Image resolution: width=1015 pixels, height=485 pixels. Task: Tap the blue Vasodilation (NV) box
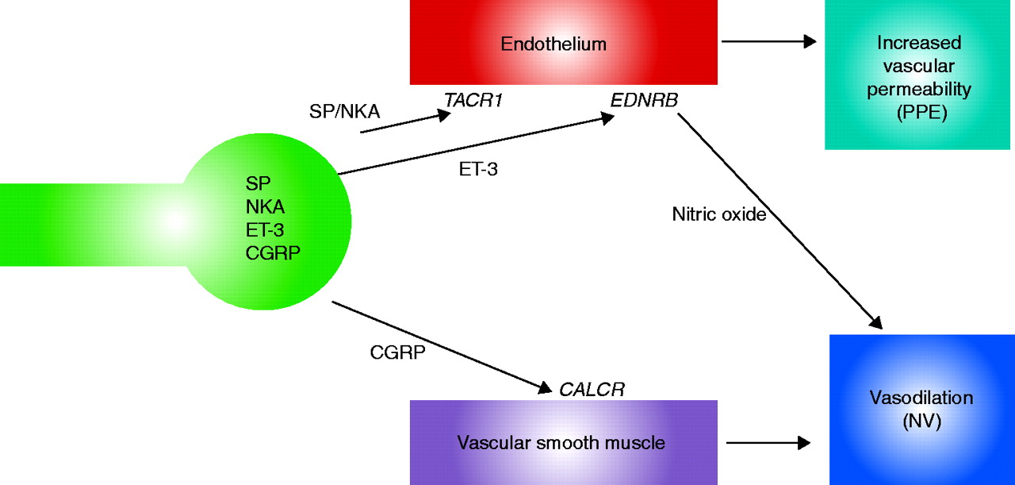[x=921, y=409]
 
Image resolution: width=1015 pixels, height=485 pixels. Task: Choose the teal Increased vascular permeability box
[x=919, y=75]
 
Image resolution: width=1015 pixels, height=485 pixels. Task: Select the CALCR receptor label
[x=592, y=389]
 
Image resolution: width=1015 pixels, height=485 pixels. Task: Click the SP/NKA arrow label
[x=345, y=112]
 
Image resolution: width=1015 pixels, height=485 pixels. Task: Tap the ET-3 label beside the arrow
[x=477, y=169]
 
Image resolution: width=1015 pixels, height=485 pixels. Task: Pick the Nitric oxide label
[x=719, y=214]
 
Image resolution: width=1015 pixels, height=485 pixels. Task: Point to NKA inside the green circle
[x=266, y=208]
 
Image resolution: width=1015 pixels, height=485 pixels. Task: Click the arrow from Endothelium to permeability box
[x=769, y=42]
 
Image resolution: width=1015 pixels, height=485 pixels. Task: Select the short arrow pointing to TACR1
[x=404, y=122]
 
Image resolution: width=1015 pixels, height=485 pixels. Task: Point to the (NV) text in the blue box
[x=921, y=421]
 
